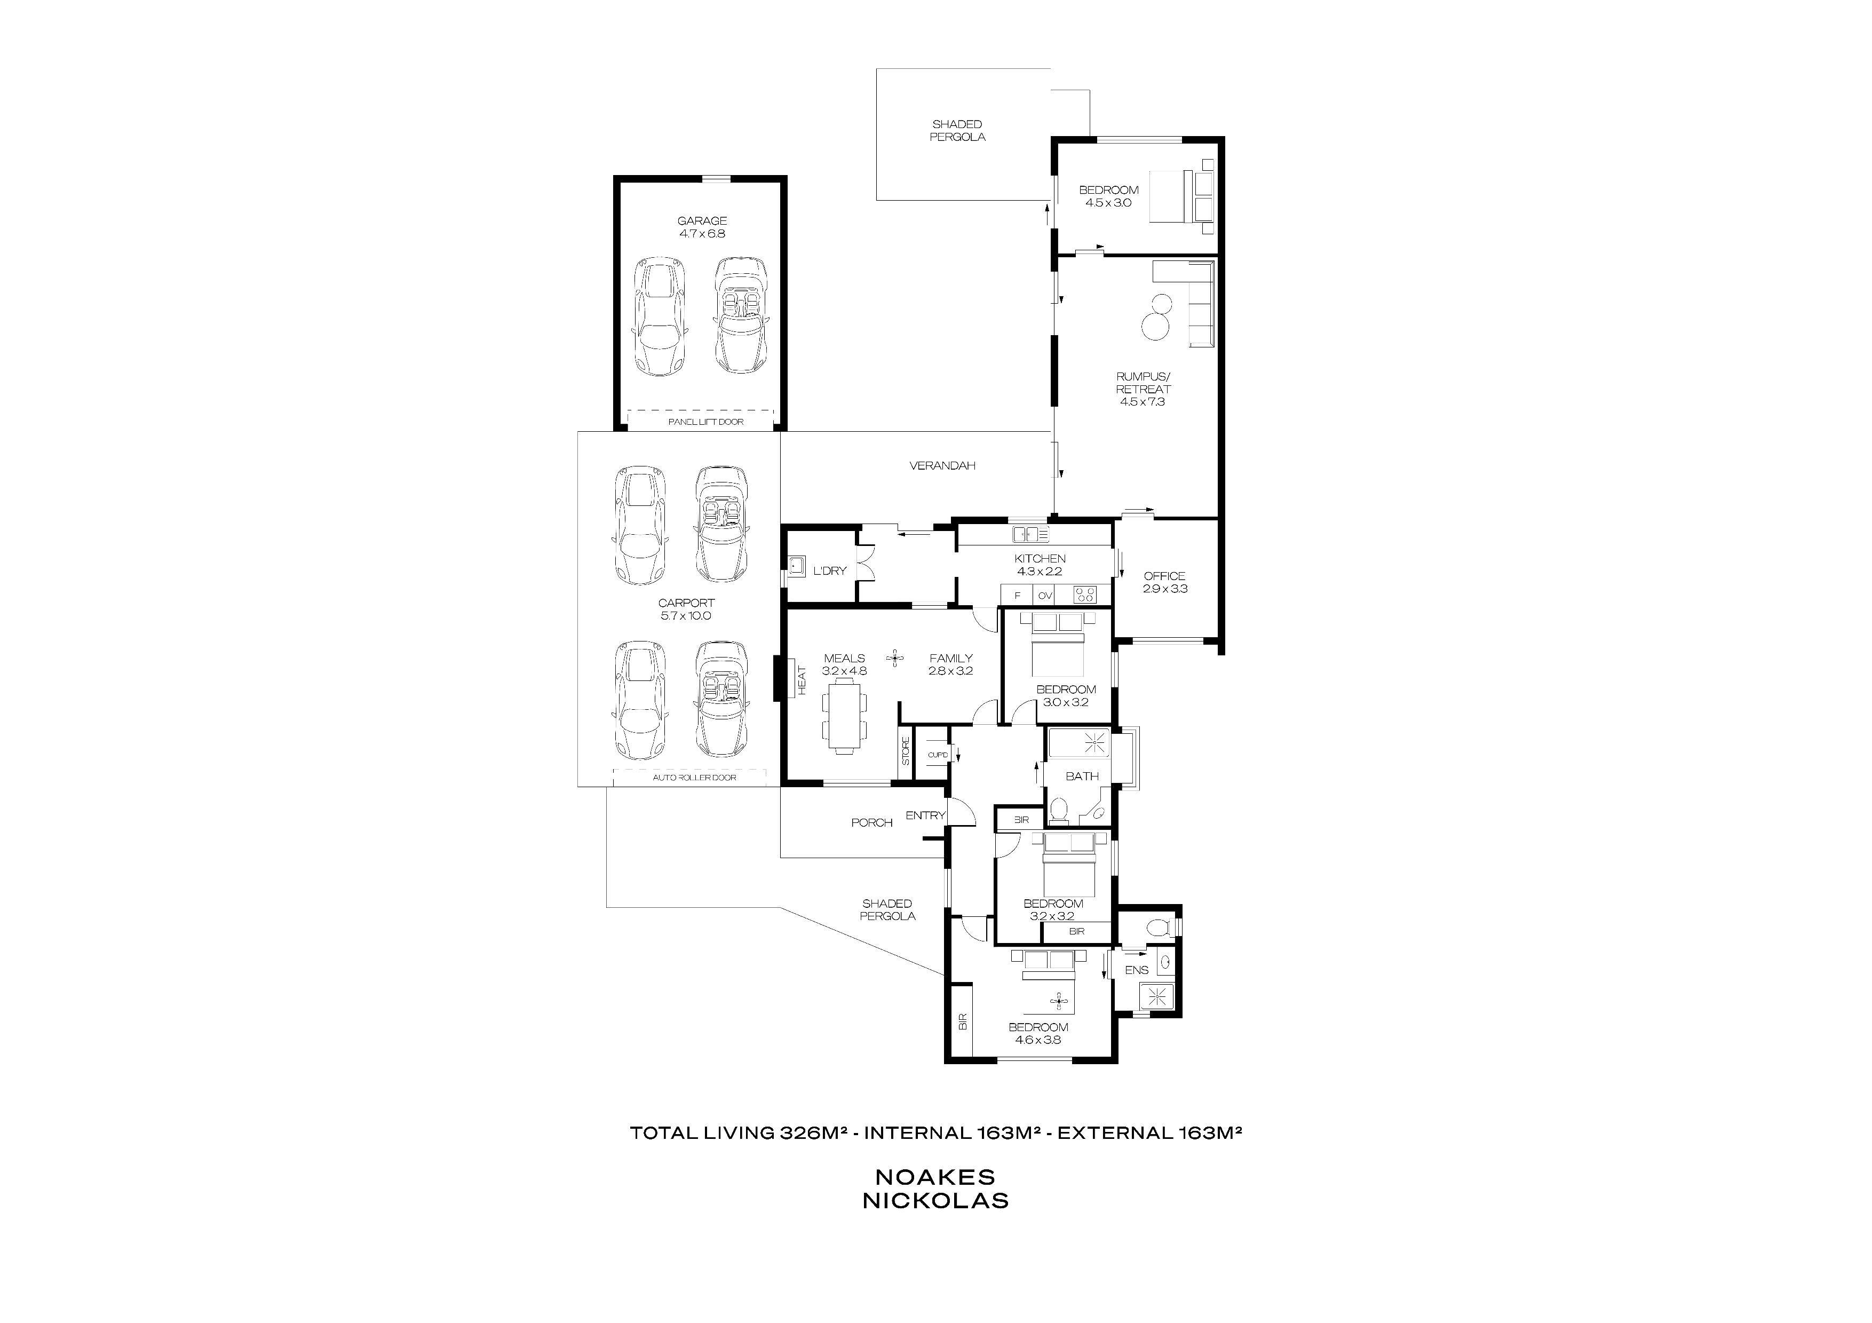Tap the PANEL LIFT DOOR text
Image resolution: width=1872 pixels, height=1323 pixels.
click(x=705, y=422)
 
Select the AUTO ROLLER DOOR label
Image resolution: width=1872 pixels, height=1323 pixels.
click(x=695, y=778)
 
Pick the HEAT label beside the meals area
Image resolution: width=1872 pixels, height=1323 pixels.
click(x=802, y=680)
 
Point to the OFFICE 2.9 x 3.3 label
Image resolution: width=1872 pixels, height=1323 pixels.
click(x=1164, y=582)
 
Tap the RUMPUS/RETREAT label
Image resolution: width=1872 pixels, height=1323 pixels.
click(x=1143, y=390)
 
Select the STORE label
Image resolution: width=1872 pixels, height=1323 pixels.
click(x=905, y=751)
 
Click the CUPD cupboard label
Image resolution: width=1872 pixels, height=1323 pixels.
click(x=938, y=755)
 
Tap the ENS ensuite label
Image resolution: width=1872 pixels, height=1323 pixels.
click(x=1137, y=970)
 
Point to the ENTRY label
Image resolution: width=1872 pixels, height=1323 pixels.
click(x=925, y=815)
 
